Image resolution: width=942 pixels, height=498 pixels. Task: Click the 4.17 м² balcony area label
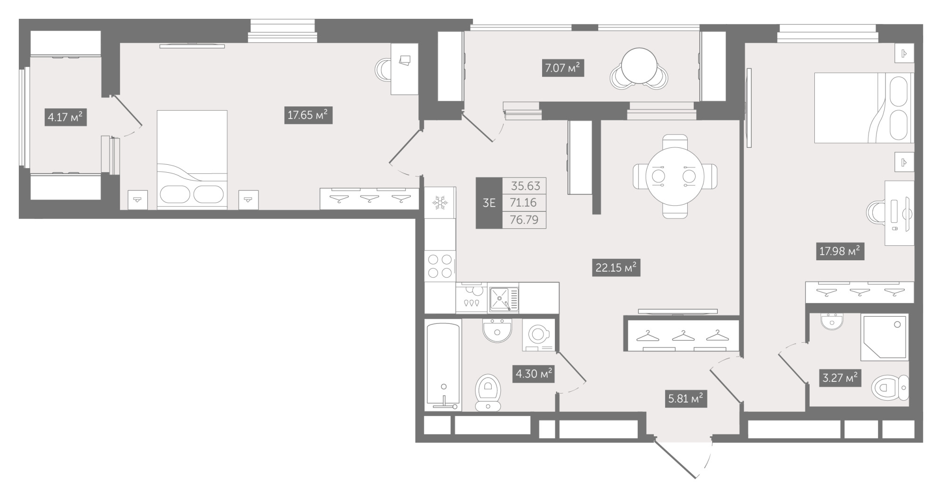pos(65,117)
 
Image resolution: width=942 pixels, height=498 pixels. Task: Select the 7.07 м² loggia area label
pos(563,68)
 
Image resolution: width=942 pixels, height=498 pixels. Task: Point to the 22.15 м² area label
pos(616,268)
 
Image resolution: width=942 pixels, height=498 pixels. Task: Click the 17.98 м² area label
pos(840,251)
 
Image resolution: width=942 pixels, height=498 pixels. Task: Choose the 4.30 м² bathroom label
pos(533,374)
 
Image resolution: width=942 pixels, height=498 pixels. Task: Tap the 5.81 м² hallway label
pos(686,399)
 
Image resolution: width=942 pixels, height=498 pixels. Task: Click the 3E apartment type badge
pos(489,203)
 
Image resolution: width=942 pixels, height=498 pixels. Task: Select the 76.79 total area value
pos(524,220)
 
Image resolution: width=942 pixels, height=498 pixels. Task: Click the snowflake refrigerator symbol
pos(440,203)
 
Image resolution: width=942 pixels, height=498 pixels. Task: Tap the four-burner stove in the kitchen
pos(440,266)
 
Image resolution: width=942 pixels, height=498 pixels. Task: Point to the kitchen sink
pos(503,299)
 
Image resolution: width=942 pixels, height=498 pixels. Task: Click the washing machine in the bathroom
pos(538,336)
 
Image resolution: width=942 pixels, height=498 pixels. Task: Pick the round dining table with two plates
pos(674,177)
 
